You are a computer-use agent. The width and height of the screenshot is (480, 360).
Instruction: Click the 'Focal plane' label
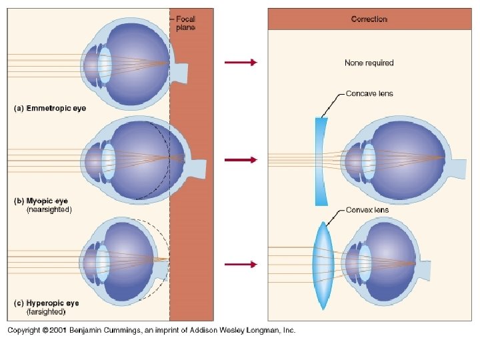[185, 23]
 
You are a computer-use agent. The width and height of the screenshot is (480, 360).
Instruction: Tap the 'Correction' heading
[369, 19]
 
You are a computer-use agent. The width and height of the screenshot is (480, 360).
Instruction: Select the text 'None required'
[369, 63]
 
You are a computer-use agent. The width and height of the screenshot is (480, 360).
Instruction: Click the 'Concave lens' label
[369, 93]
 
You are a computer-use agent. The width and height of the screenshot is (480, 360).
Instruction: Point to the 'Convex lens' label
[367, 210]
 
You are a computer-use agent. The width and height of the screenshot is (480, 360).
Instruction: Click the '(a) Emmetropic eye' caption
[50, 108]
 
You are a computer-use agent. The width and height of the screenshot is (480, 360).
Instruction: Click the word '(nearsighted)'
[49, 209]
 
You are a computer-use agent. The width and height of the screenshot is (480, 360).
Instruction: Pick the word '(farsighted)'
[46, 311]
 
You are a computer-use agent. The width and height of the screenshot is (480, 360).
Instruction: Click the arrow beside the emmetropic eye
[240, 63]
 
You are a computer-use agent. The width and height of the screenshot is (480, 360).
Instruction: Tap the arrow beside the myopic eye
[240, 160]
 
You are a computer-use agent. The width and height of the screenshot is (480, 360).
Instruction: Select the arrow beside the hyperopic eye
[240, 265]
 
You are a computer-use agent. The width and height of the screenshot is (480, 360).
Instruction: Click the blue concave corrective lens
[321, 160]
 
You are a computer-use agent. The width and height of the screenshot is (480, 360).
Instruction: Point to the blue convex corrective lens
[323, 265]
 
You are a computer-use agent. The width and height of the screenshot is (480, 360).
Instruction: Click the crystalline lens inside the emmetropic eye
[105, 64]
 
